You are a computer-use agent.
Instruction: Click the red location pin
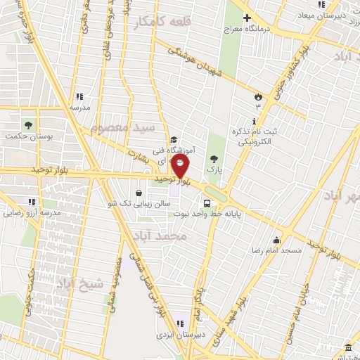(x=181, y=167)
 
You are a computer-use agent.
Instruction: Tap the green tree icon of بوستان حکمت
(x=29, y=124)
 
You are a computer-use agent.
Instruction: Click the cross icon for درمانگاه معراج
(x=246, y=18)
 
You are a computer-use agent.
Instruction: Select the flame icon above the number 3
(x=257, y=96)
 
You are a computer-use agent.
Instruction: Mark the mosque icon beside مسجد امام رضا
(x=278, y=240)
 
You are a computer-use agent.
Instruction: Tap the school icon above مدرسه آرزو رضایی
(x=31, y=202)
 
